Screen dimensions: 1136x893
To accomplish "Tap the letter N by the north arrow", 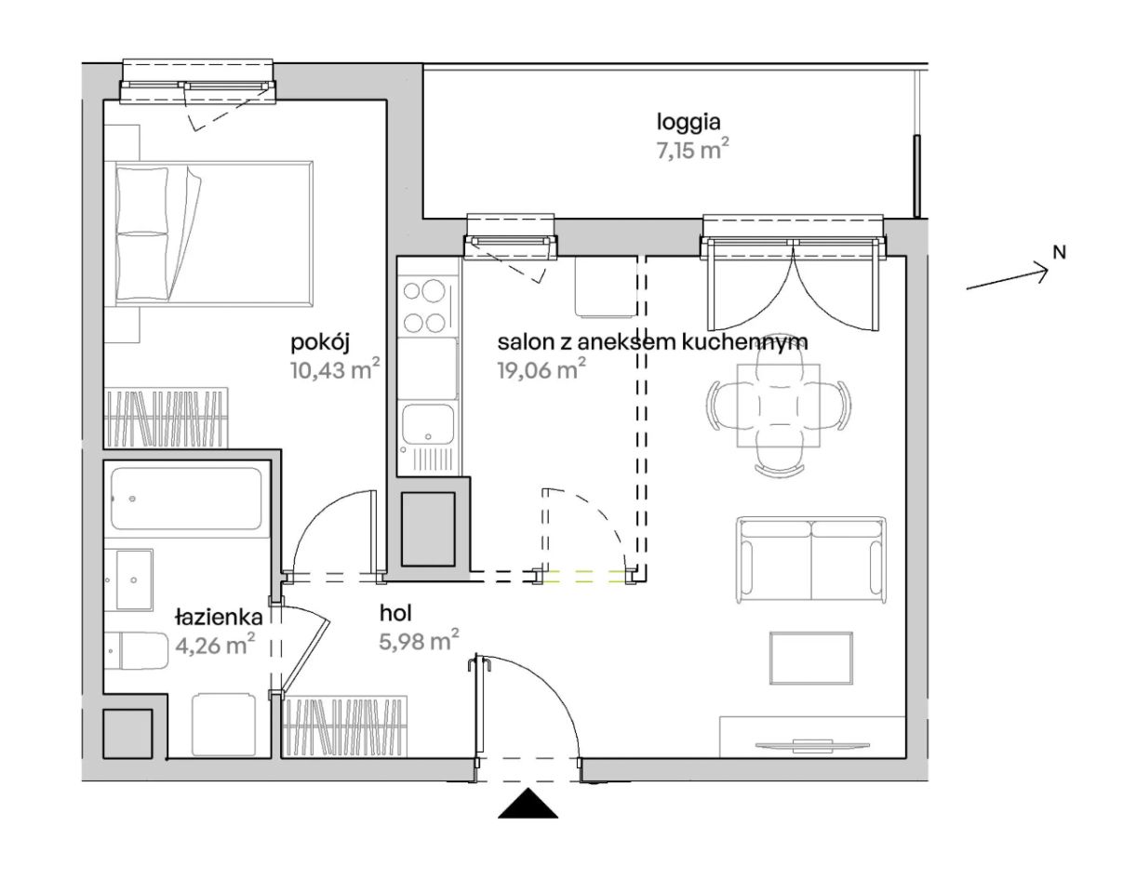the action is (1059, 253).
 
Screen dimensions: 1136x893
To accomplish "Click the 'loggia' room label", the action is (688, 123).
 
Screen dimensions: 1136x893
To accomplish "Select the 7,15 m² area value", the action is (693, 150).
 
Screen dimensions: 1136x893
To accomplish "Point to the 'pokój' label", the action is (320, 343).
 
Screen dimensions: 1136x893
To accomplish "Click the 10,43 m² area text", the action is (335, 369).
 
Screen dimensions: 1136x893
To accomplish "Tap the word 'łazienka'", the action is (219, 617).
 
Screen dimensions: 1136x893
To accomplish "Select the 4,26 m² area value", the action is (215, 645).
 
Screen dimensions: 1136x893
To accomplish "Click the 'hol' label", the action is (395, 613).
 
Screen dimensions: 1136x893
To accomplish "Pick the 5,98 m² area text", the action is (419, 640).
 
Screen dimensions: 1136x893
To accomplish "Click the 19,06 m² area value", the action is (541, 369).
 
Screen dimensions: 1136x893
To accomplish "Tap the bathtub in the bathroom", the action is (186, 499).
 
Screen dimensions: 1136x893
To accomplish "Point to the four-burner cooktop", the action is (424, 306).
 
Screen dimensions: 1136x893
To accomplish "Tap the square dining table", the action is (779, 406).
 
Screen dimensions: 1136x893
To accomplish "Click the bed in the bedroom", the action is (214, 233).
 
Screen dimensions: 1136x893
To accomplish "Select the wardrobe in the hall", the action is (345, 726).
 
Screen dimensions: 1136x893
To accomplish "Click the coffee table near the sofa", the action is (811, 659).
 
